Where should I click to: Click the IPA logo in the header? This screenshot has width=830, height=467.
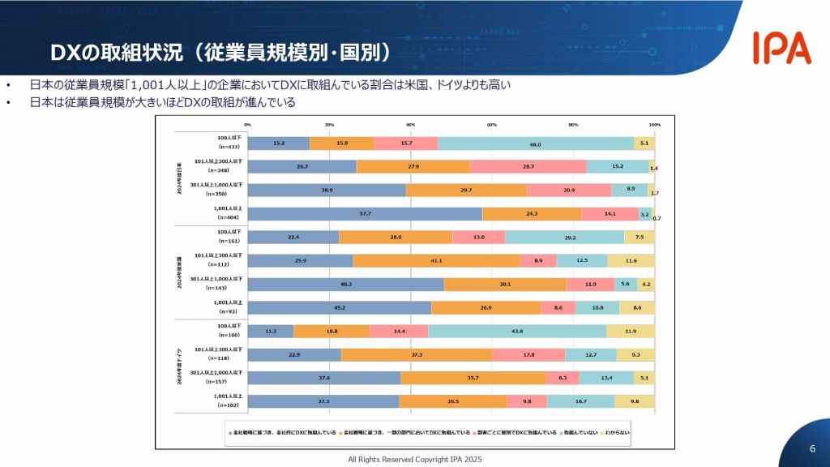[781, 49]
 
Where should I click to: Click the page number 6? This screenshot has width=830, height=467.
[812, 449]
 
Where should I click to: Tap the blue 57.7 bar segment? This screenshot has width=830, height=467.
[365, 213]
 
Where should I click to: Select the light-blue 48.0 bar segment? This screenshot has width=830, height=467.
[535, 143]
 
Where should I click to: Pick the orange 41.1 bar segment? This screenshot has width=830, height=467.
[436, 260]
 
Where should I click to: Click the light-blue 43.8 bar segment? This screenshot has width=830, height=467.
[517, 331]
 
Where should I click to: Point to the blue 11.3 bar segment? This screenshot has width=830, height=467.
[271, 331]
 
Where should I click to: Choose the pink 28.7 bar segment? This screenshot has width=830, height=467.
[528, 166]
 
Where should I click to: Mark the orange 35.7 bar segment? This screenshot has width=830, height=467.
[473, 378]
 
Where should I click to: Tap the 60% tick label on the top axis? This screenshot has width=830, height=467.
[492, 125]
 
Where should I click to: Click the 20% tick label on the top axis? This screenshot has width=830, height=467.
[329, 125]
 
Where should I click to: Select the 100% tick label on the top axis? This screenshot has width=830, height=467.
[654, 125]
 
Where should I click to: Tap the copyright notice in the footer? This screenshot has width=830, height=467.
[414, 459]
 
